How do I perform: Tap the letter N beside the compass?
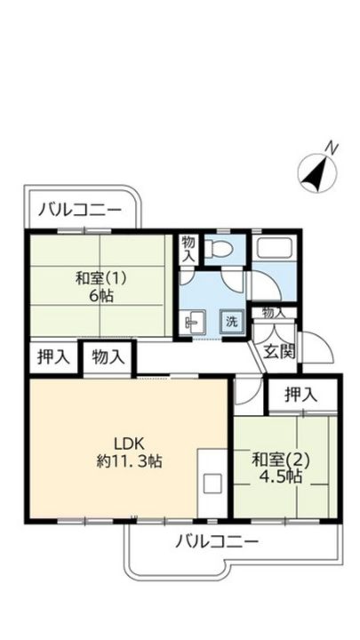pyautogui.click(x=331, y=148)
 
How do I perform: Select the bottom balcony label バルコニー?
pyautogui.click(x=217, y=540)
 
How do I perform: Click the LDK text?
pyautogui.click(x=128, y=443)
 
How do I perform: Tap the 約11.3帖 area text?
pyautogui.click(x=128, y=461)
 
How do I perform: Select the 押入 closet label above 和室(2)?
pyautogui.click(x=303, y=394)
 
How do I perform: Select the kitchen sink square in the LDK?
pyautogui.click(x=212, y=484)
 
